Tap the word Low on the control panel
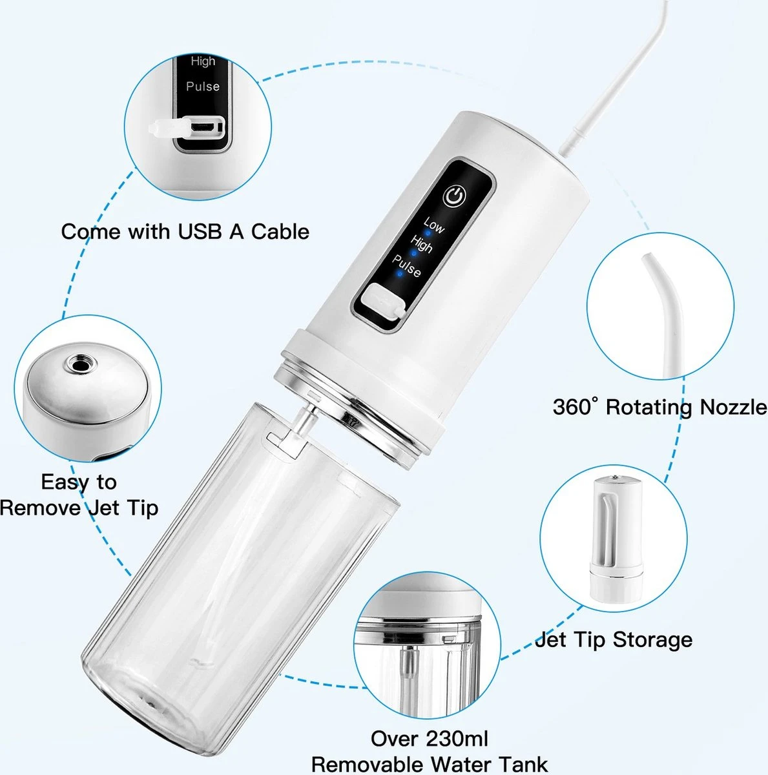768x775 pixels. pos(433,225)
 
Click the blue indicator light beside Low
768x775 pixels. pos(428,233)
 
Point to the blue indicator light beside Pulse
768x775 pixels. pos(399,273)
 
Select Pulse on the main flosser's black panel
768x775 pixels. pos(407,266)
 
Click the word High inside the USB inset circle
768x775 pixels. pos(203,61)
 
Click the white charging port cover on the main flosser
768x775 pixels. pos(382,302)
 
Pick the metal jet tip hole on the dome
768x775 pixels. pos(81,364)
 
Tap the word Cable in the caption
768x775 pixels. pos(280,232)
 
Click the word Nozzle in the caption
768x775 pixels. pos(733,407)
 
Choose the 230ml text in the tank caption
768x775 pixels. pos(457,738)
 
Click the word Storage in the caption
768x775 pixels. pos(652,641)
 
